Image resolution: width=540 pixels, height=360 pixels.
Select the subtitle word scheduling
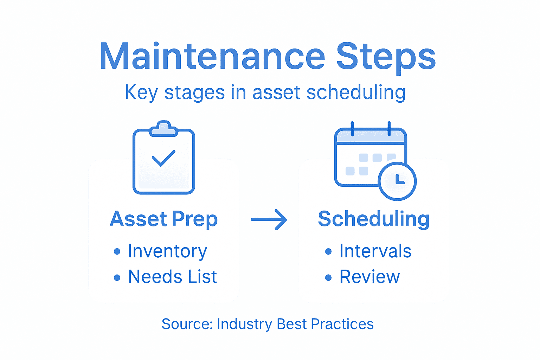(356, 92)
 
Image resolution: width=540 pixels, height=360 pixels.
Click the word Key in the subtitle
(141, 92)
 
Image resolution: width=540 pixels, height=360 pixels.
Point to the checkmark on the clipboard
(163, 158)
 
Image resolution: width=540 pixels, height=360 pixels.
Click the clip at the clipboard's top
(163, 129)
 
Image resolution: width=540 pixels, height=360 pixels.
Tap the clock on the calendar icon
(397, 181)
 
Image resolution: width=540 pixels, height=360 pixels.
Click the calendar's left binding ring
(352, 129)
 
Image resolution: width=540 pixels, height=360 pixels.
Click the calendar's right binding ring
(389, 129)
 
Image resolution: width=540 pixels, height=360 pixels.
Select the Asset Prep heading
(163, 219)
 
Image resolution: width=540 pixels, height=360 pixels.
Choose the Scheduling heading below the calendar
(373, 219)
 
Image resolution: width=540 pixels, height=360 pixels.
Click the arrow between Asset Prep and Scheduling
(269, 220)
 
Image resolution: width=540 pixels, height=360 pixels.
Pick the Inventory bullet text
(167, 251)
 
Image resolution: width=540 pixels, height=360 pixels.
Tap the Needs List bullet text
(172, 277)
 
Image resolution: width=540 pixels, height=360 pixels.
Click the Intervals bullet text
(375, 251)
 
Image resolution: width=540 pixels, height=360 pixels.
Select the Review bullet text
(369, 277)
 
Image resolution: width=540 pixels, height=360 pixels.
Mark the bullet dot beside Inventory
(117, 252)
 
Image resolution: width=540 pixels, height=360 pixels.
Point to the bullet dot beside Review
(328, 277)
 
